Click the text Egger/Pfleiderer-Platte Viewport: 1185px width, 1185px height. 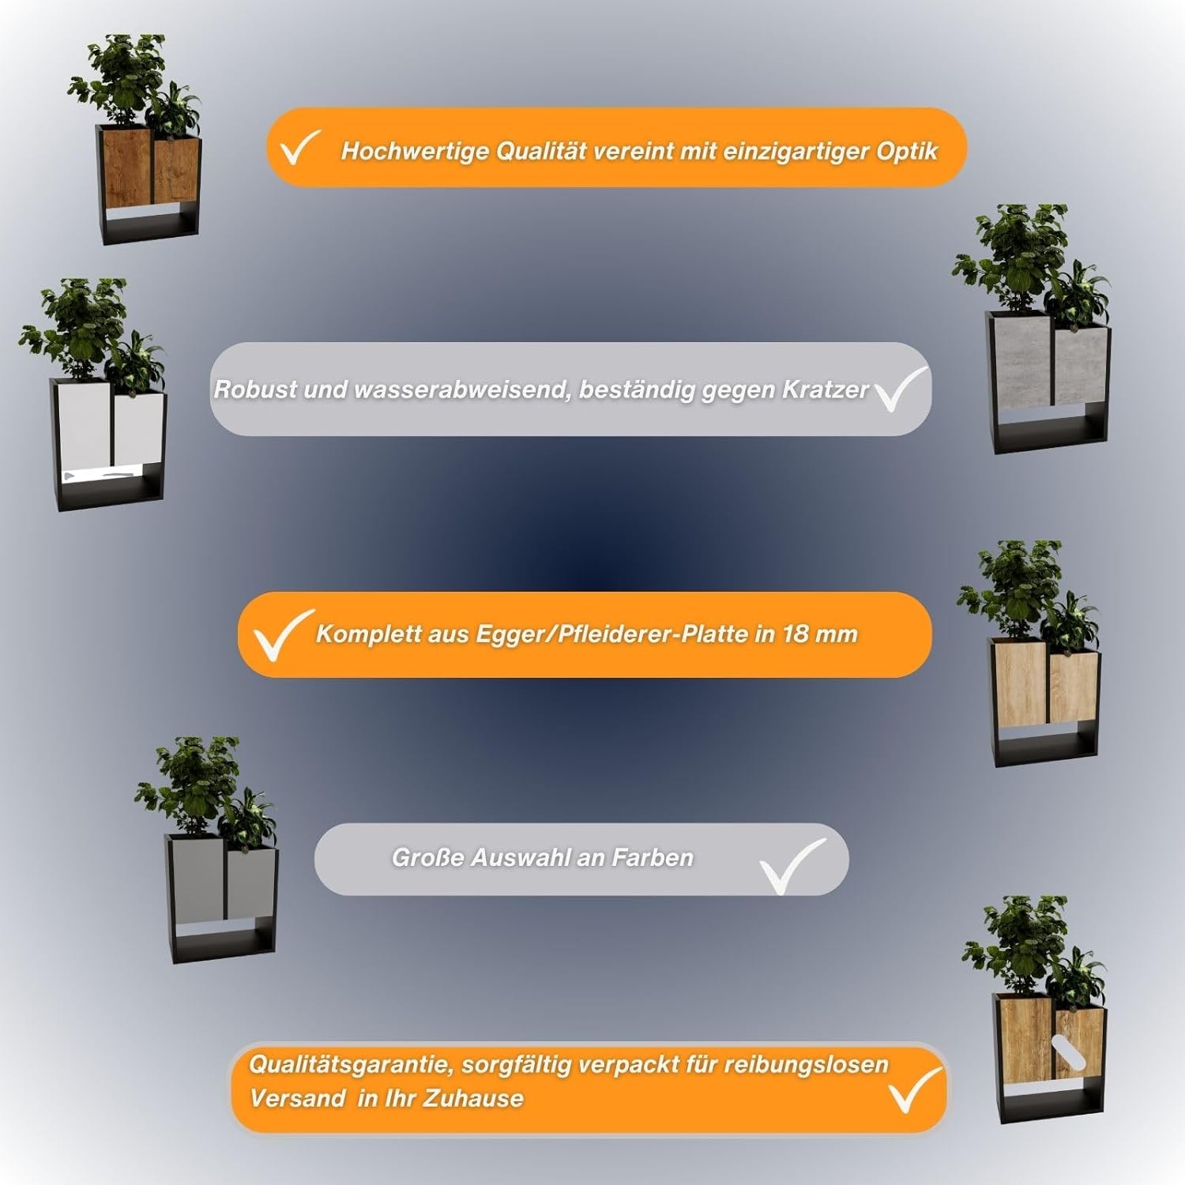(611, 634)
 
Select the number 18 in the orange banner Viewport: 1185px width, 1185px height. (796, 634)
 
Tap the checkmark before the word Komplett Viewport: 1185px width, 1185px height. (281, 635)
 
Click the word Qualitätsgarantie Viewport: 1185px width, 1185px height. (351, 1065)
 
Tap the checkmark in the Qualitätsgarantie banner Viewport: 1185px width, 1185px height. (916, 1089)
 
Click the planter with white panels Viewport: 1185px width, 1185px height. (97, 395)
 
